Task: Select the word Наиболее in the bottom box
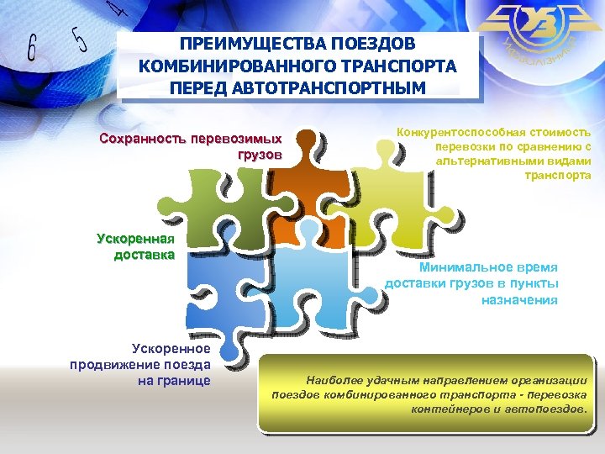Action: (x=336, y=380)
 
